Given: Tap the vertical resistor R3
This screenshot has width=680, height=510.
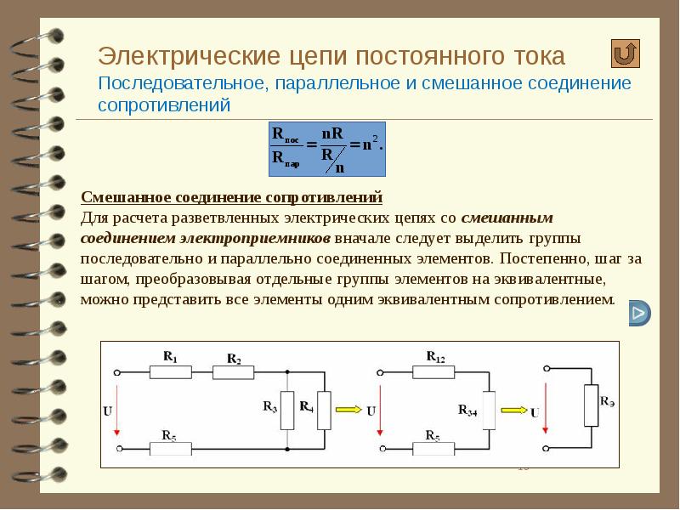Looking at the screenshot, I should pyautogui.click(x=287, y=408).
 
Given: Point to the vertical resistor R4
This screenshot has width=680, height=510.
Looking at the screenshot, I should pyautogui.click(x=323, y=407).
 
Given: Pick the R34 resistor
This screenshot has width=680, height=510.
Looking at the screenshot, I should pyautogui.click(x=488, y=408).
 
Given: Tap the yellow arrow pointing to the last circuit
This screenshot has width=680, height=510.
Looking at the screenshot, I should pyautogui.click(x=515, y=408).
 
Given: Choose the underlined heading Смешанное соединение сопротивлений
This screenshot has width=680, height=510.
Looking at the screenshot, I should pyautogui.click(x=231, y=198).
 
